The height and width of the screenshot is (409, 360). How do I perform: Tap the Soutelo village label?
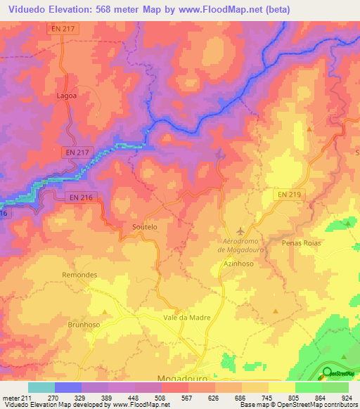click(145, 227)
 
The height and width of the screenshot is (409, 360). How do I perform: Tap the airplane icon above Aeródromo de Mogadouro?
click(242, 231)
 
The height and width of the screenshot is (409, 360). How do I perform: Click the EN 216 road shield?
click(81, 198)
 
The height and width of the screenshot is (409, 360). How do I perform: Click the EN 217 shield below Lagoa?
click(77, 152)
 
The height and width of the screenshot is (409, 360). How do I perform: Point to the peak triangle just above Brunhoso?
click(104, 311)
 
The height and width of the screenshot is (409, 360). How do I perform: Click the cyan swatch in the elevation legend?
click(41, 387)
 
